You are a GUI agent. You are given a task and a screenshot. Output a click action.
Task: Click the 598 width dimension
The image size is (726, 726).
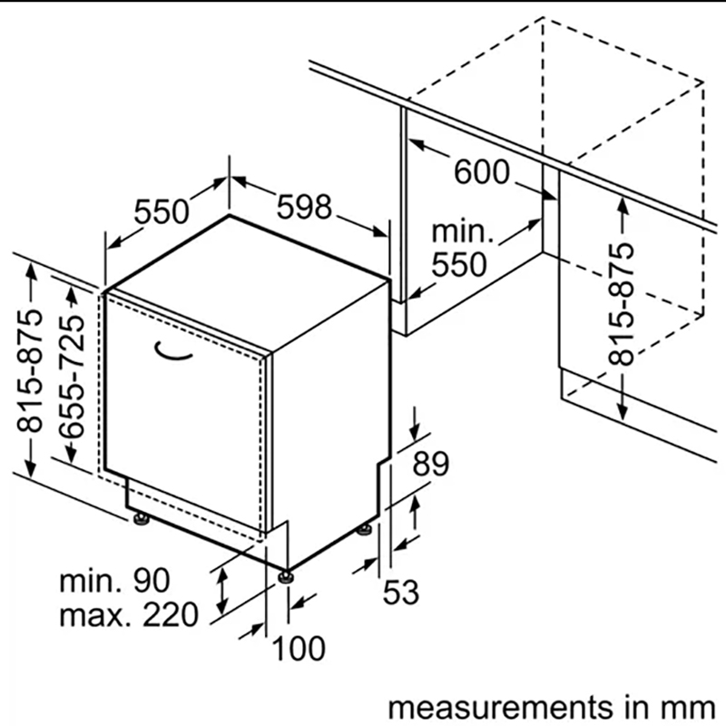(304, 208)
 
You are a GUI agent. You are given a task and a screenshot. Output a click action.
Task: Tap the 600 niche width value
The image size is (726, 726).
(482, 172)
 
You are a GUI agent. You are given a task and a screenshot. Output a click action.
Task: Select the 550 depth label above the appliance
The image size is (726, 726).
(162, 211)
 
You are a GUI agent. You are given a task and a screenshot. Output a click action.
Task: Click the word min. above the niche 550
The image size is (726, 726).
(463, 232)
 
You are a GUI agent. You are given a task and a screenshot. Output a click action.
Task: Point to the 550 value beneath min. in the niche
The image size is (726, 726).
(459, 264)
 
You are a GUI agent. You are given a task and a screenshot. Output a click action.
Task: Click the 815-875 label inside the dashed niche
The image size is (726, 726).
(621, 303)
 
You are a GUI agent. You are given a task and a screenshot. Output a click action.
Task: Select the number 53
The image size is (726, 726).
(400, 593)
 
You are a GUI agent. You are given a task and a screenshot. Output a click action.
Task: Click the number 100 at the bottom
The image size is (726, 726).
(298, 649)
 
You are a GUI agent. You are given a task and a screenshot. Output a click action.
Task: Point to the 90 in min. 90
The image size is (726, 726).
(150, 580)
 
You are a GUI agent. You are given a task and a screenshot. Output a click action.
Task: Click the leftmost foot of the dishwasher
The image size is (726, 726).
(141, 520)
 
